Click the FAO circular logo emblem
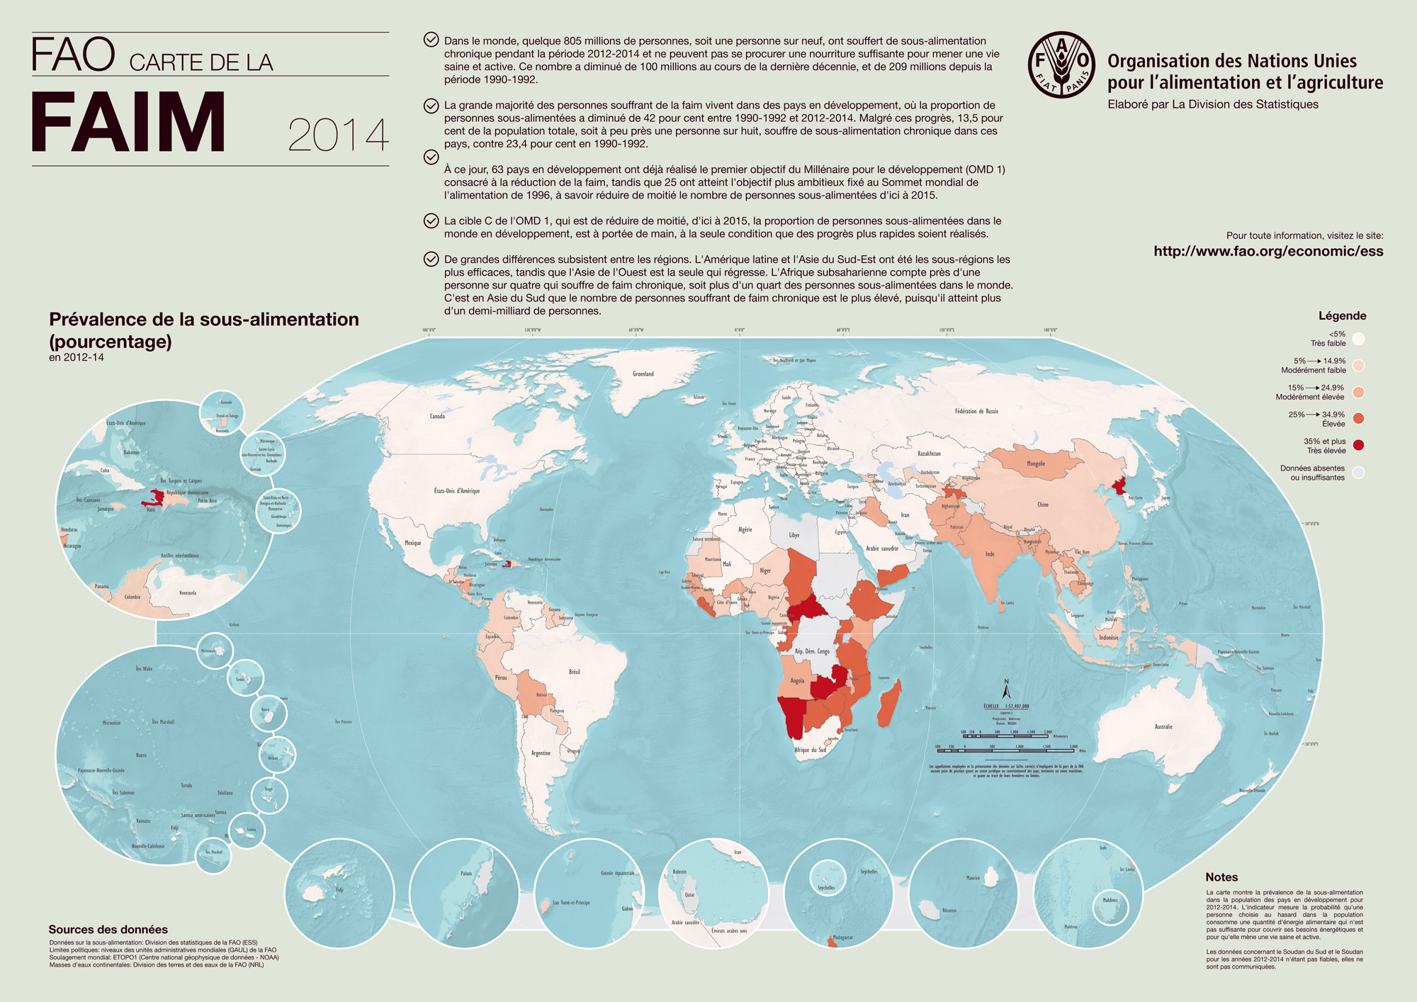tap(1061, 64)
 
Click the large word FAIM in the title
tap(128, 122)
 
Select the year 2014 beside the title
tap(338, 135)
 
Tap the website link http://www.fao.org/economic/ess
tap(1268, 251)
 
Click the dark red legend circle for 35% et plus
tap(1358, 446)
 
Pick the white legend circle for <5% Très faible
tap(1358, 339)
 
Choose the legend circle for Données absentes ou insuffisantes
tap(1358, 473)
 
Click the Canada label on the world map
tap(437, 416)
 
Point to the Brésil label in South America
tap(574, 672)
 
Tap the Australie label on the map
tap(1163, 726)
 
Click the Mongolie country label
tap(1035, 464)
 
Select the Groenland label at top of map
tap(643, 373)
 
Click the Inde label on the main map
tap(990, 554)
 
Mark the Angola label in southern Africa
tap(797, 680)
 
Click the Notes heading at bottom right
tap(1221, 877)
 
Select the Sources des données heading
tap(108, 930)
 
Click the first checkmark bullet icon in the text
tap(431, 40)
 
